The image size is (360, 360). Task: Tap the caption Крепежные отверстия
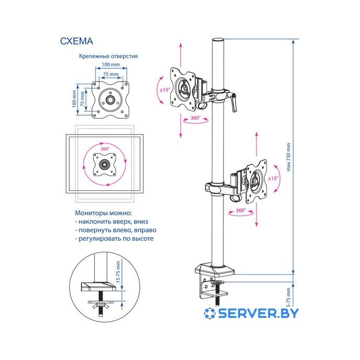pyautogui.click(x=108, y=56)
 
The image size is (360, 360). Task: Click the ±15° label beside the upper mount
pyautogui.click(x=164, y=90)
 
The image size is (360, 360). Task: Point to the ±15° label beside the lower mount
pyautogui.click(x=273, y=179)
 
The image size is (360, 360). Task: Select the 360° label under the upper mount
pyautogui.click(x=195, y=118)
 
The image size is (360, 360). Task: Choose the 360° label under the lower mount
pyautogui.click(x=240, y=210)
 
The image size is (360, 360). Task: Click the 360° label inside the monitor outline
pyautogui.click(x=105, y=149)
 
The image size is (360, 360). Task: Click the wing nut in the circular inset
pyautogui.click(x=97, y=306)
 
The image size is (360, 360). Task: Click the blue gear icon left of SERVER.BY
pyautogui.click(x=210, y=313)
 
